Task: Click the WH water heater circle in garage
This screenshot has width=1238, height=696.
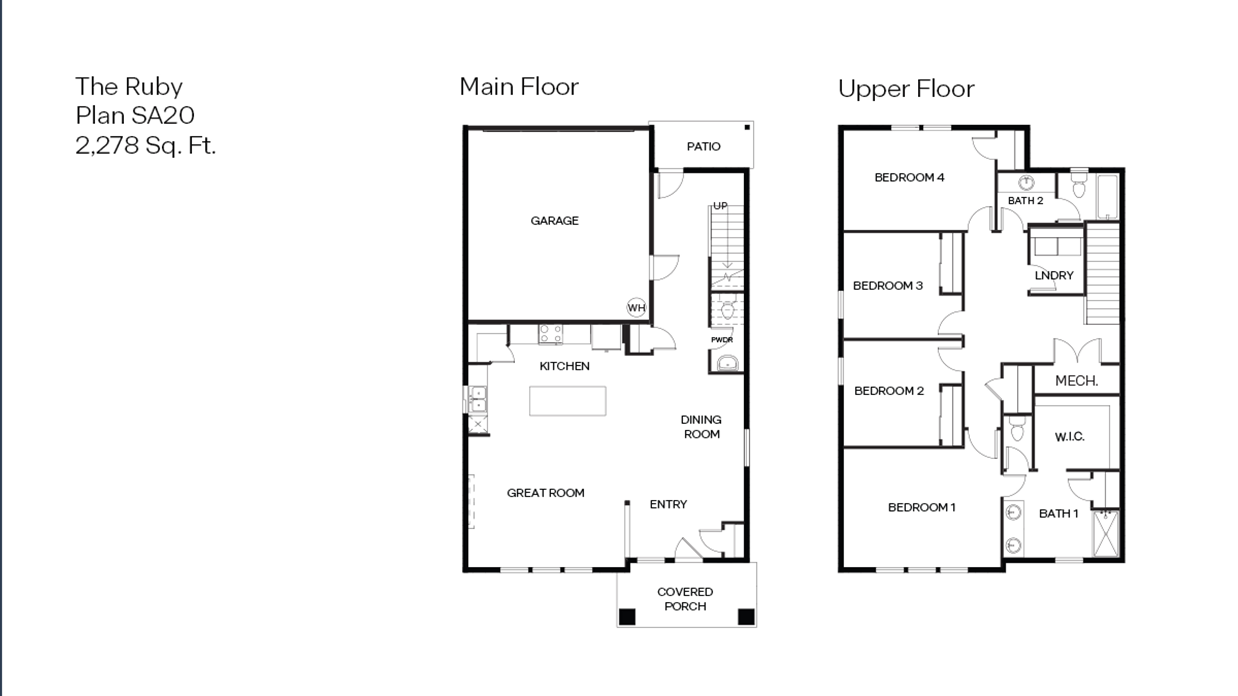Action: pyautogui.click(x=636, y=307)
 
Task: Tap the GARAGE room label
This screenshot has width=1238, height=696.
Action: pyautogui.click(x=555, y=221)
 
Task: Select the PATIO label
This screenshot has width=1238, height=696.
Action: pyautogui.click(x=704, y=147)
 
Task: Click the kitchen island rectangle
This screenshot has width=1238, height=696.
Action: pyautogui.click(x=568, y=401)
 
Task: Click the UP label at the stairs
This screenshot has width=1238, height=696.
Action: pyautogui.click(x=720, y=206)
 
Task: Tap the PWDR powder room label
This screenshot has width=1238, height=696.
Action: pyautogui.click(x=722, y=340)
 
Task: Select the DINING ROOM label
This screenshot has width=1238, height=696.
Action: pyautogui.click(x=701, y=427)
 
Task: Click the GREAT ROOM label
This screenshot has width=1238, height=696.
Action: pyautogui.click(x=545, y=493)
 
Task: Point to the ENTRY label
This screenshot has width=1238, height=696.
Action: pyautogui.click(x=668, y=504)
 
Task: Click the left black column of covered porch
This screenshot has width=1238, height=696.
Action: pyautogui.click(x=627, y=617)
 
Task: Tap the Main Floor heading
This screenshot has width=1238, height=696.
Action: pyautogui.click(x=519, y=87)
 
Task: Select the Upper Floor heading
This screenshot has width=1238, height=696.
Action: pyautogui.click(x=907, y=89)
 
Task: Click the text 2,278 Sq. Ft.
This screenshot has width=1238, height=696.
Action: pyautogui.click(x=146, y=145)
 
